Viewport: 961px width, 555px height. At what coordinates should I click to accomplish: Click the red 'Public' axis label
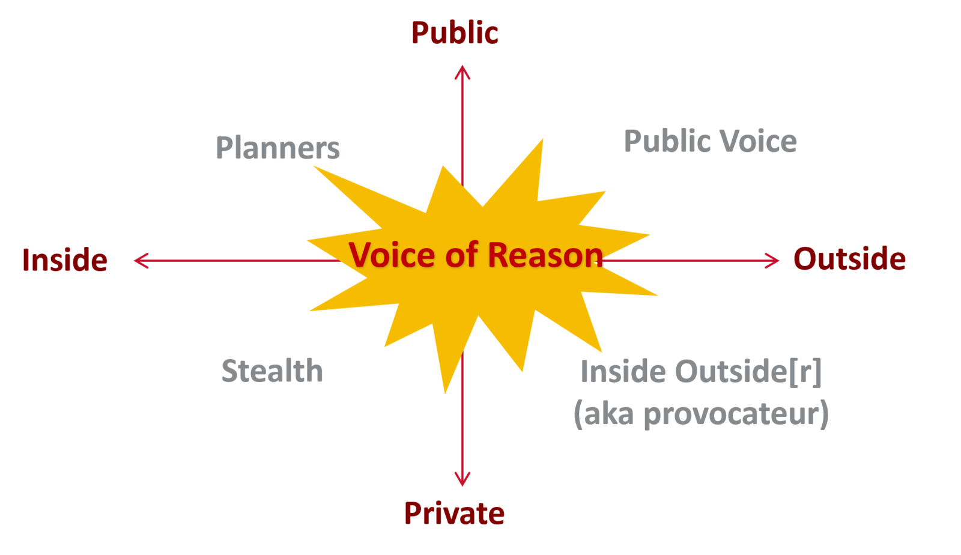[455, 33]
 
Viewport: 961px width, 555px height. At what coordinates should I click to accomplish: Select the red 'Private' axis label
[454, 514]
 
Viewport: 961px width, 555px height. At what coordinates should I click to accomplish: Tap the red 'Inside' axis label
[65, 260]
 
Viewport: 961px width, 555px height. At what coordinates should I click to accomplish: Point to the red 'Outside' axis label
[849, 259]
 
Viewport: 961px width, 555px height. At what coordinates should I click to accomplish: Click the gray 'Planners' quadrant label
[277, 148]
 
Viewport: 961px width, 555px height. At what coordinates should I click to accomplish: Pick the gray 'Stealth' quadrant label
[272, 371]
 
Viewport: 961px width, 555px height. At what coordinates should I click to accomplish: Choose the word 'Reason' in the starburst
[545, 255]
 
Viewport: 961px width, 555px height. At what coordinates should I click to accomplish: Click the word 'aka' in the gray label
[608, 414]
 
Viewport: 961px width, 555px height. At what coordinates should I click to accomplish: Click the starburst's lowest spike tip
[445, 393]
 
